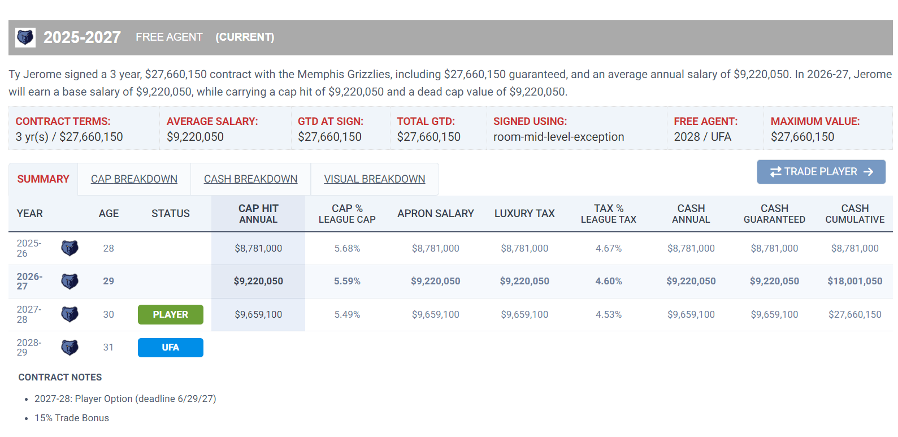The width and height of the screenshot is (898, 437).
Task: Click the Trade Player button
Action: pyautogui.click(x=821, y=172)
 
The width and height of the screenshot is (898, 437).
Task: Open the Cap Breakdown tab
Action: pyautogui.click(x=134, y=179)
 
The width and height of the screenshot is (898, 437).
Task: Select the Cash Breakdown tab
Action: pyautogui.click(x=250, y=179)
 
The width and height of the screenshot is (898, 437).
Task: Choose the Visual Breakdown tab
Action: pyautogui.click(x=375, y=179)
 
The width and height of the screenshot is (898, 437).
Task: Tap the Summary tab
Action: pyautogui.click(x=44, y=179)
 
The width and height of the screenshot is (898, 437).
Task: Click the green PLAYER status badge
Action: pyautogui.click(x=170, y=314)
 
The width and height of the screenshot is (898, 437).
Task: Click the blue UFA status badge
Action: pyautogui.click(x=170, y=347)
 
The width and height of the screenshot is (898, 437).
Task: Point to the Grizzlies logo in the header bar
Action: pyautogui.click(x=25, y=37)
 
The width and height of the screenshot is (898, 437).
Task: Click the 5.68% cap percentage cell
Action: pyautogui.click(x=347, y=248)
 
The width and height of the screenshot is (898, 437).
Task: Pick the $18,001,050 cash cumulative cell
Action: pyautogui.click(x=854, y=281)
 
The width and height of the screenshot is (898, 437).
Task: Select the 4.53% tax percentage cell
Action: pyautogui.click(x=609, y=314)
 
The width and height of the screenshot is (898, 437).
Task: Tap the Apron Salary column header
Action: pyautogui.click(x=435, y=213)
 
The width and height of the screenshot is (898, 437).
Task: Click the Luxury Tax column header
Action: pyautogui.click(x=524, y=213)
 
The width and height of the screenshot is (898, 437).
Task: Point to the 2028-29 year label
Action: pyautogui.click(x=29, y=347)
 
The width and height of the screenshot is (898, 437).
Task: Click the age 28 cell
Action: pyautogui.click(x=109, y=248)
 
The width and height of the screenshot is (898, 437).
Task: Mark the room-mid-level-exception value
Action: pyautogui.click(x=558, y=137)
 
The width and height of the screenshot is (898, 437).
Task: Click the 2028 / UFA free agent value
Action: pyautogui.click(x=702, y=137)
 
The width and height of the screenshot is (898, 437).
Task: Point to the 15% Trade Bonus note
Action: pyautogui.click(x=72, y=418)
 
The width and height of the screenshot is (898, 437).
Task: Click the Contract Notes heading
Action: pyautogui.click(x=60, y=377)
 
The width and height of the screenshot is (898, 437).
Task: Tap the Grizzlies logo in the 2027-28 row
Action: pyautogui.click(x=70, y=314)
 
